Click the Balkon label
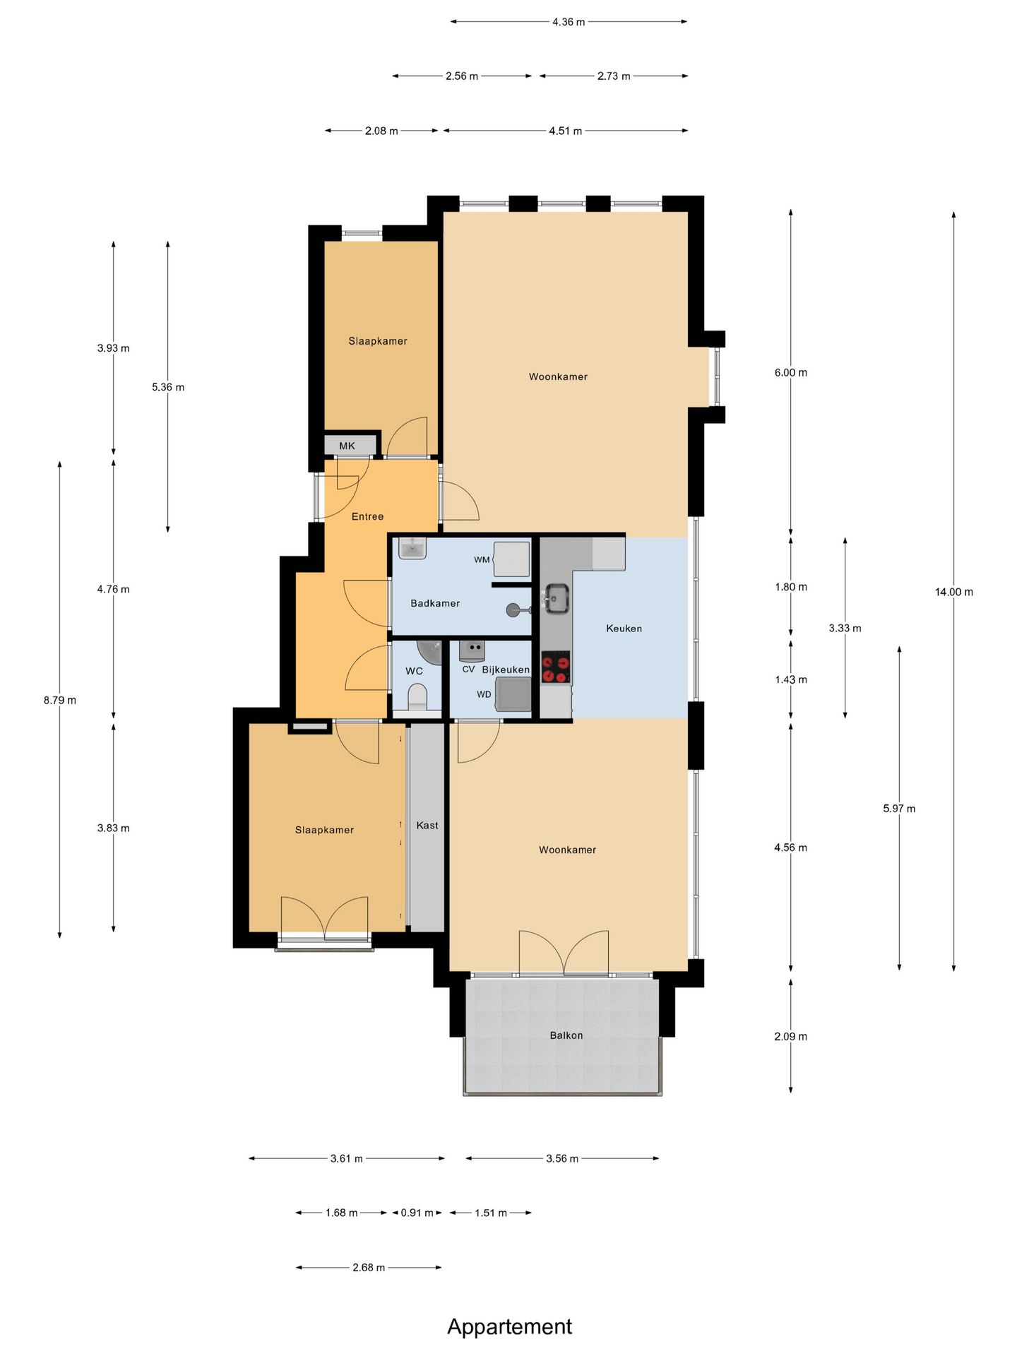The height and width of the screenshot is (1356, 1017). click(x=566, y=1035)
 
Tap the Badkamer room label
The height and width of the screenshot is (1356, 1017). click(x=435, y=603)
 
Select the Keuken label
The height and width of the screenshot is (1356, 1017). click(x=624, y=628)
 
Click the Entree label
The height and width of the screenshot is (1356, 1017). click(x=367, y=516)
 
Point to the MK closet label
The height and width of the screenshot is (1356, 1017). click(x=347, y=446)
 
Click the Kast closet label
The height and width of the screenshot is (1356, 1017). click(x=427, y=825)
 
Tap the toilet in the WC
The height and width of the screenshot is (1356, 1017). click(x=418, y=697)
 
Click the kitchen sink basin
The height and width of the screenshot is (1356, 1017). click(x=557, y=599)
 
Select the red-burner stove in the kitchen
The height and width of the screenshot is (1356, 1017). click(x=556, y=667)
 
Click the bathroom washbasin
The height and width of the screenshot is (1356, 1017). click(x=412, y=548)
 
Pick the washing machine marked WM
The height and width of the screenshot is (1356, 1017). click(x=511, y=559)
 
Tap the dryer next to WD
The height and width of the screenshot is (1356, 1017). click(x=513, y=694)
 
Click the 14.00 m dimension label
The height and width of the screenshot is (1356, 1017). click(x=954, y=592)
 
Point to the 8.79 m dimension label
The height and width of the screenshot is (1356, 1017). click(x=60, y=700)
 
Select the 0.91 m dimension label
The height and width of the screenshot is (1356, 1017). click(x=417, y=1213)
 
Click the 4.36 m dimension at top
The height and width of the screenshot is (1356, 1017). click(x=569, y=22)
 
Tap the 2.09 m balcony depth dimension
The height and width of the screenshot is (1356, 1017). click(x=791, y=1036)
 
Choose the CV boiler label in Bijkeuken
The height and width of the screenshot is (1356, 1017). click(x=468, y=669)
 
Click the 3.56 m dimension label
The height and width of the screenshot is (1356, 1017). click(x=562, y=1158)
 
